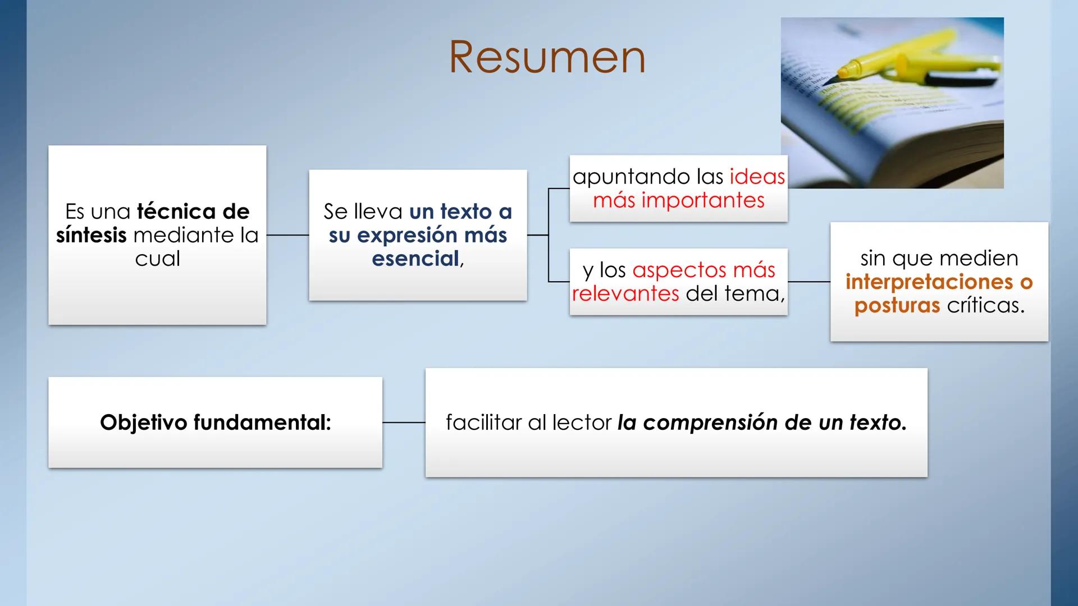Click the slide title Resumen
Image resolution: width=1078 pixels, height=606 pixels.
(x=547, y=57)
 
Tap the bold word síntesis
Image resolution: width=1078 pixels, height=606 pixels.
(x=91, y=235)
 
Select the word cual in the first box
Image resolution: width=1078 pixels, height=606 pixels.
(x=157, y=259)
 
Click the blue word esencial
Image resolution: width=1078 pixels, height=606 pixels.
(x=415, y=259)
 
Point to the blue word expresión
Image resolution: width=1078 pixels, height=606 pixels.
(x=408, y=235)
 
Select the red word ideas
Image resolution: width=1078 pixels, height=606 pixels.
(x=757, y=177)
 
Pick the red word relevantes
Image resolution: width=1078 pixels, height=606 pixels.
(x=625, y=293)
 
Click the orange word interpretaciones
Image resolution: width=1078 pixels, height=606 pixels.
(x=930, y=282)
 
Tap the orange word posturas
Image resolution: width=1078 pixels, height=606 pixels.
(x=897, y=305)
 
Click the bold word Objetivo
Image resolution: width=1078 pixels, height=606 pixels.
(x=144, y=423)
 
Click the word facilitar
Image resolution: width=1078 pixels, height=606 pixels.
(x=483, y=423)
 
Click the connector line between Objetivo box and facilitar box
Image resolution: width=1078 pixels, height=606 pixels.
(x=404, y=423)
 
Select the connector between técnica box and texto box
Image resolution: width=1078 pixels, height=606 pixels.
(x=287, y=235)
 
